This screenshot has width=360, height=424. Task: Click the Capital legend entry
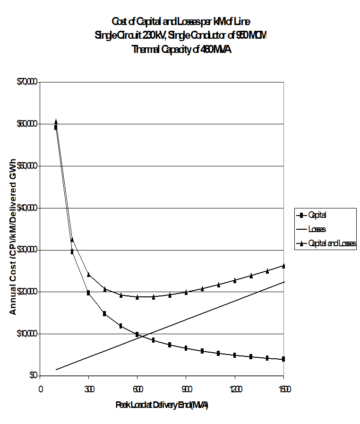click(x=317, y=215)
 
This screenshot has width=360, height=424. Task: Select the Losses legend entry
click(x=317, y=229)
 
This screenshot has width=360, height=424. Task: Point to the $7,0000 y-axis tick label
click(x=26, y=82)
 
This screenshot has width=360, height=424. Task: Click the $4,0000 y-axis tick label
click(x=26, y=208)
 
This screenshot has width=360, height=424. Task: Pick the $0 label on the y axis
click(x=33, y=376)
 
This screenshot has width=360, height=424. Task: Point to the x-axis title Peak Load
click(x=162, y=406)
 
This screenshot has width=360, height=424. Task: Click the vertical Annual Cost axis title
click(x=13, y=229)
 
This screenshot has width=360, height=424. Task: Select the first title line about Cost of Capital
click(x=185, y=22)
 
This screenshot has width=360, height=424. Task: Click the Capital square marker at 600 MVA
click(x=137, y=334)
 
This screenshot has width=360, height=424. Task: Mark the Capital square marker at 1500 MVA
click(x=283, y=359)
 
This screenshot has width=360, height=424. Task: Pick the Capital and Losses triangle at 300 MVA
click(x=89, y=274)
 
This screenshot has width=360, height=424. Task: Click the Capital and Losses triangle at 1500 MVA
click(x=283, y=266)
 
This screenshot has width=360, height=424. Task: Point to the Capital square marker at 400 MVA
click(x=104, y=313)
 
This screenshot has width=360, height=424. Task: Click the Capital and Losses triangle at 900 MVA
click(x=186, y=292)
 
